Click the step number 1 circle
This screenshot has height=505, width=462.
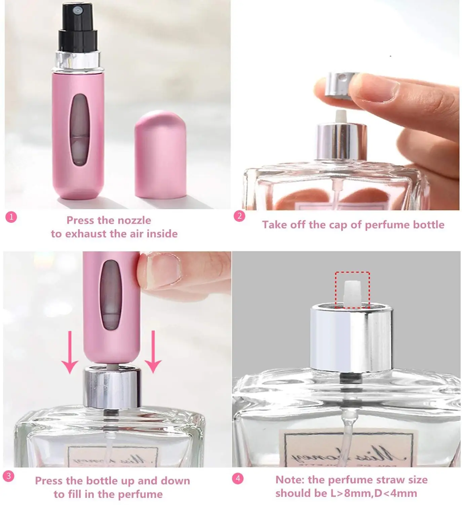coord(11,217)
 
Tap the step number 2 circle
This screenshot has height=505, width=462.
coord(239,216)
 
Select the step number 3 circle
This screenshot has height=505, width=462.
coord(9,476)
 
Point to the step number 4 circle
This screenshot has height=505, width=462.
coord(238,478)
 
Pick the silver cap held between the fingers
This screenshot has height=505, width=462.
coord(339,86)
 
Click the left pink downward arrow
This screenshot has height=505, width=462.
coord(70,352)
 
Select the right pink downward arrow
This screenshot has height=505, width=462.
coord(153,352)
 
